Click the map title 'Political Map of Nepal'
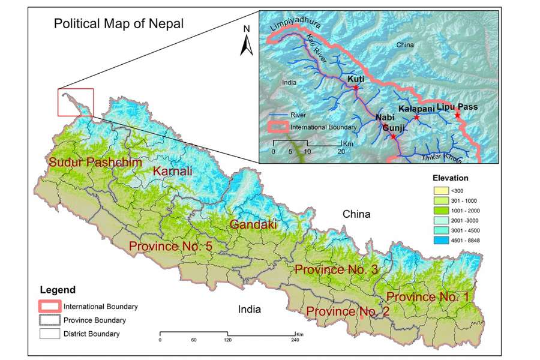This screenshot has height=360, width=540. (x=119, y=24)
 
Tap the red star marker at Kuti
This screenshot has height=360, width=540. (x=355, y=88)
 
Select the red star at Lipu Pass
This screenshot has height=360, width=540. (x=457, y=115)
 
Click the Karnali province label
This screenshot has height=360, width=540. (x=173, y=172)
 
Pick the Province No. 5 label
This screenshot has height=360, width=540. (x=170, y=246)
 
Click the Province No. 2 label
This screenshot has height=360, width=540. (x=347, y=311)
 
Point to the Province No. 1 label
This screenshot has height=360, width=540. (x=428, y=296)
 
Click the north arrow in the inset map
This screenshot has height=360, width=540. (x=245, y=42)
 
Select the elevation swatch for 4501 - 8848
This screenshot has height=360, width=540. (x=442, y=240)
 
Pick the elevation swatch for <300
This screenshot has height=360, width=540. (x=442, y=190)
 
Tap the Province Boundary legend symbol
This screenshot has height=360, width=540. (x=50, y=320)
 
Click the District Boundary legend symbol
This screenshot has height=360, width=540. (x=50, y=334)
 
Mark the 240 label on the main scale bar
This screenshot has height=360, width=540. (x=295, y=340)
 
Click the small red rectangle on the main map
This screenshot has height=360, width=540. (x=76, y=102)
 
